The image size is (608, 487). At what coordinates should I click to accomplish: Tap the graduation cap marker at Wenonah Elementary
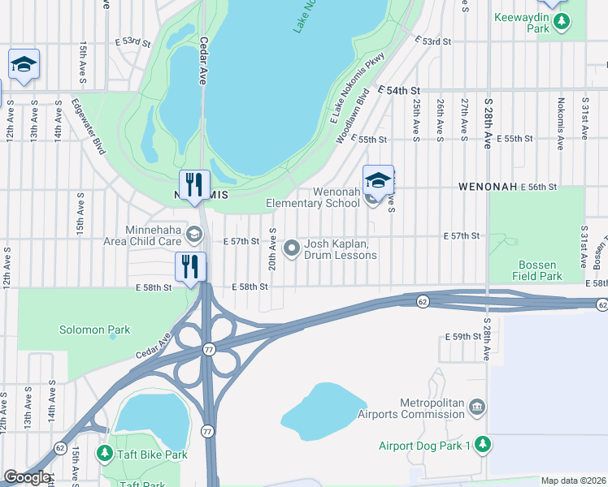click(378, 181)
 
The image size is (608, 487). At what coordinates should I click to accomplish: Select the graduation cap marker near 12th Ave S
click(24, 65)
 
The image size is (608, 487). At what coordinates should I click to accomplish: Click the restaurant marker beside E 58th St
click(190, 267)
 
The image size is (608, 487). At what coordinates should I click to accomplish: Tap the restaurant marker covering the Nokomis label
click(194, 184)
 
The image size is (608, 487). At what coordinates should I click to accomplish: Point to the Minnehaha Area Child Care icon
click(193, 235)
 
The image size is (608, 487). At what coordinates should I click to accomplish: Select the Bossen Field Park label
click(537, 270)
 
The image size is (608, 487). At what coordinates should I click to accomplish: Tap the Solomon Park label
click(94, 330)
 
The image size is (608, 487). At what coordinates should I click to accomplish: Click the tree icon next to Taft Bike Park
click(104, 454)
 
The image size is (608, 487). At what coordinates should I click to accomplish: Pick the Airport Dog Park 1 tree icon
click(483, 444)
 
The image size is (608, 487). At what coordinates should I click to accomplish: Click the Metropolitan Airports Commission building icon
click(477, 406)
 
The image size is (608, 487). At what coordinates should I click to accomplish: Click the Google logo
click(27, 477)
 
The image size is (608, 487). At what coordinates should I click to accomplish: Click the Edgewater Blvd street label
click(89, 126)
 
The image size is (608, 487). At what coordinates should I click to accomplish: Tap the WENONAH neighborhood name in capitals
click(488, 186)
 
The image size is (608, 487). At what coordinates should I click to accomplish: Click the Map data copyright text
click(572, 481)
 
